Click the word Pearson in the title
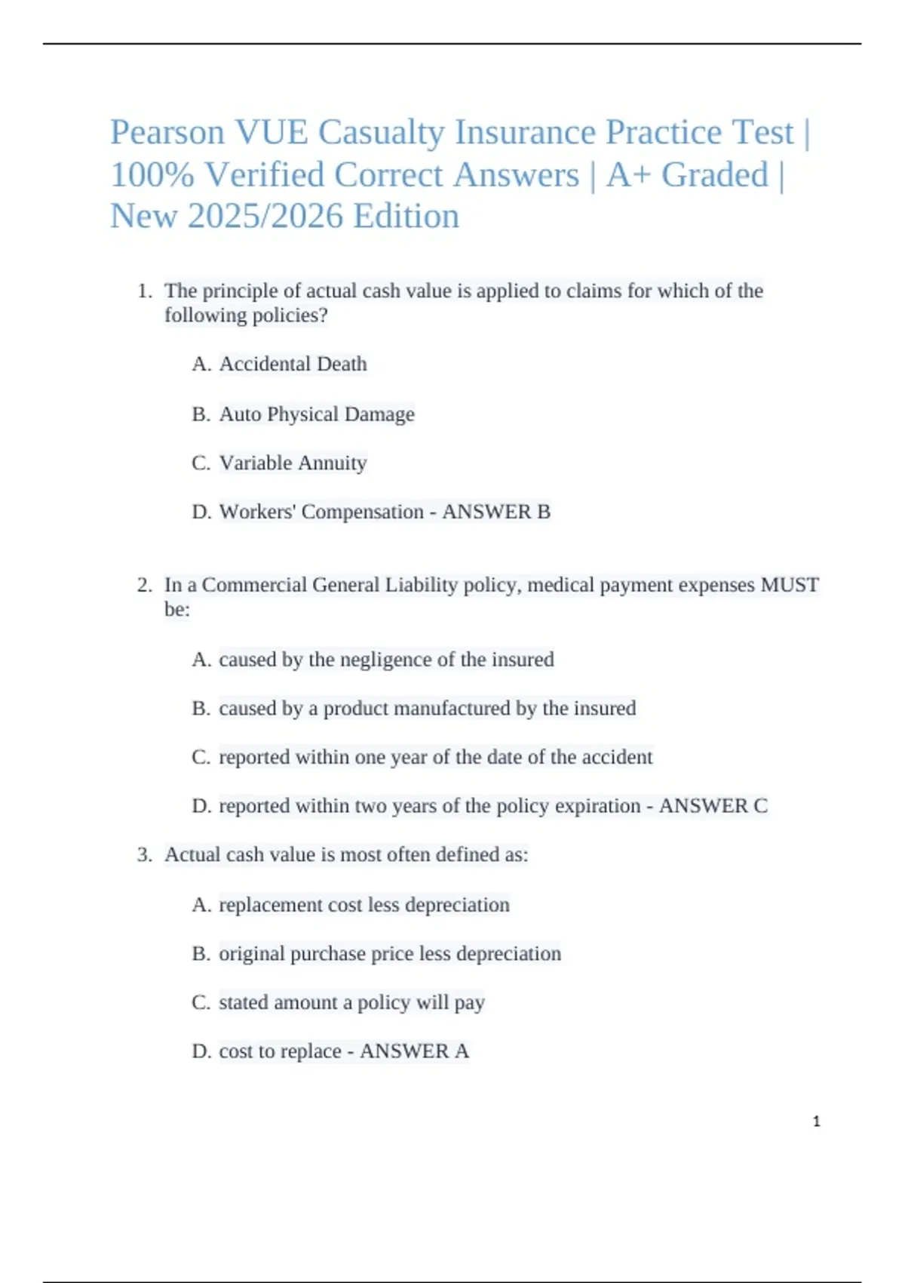[x=167, y=133]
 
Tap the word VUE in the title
[x=271, y=133]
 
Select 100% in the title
[x=152, y=175]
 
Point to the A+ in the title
[x=629, y=175]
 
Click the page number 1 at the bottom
[x=816, y=1121]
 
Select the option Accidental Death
[x=293, y=365]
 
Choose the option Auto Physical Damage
[x=317, y=414]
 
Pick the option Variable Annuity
[x=293, y=463]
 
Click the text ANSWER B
[x=496, y=512]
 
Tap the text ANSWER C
[x=713, y=806]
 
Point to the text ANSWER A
[x=414, y=1051]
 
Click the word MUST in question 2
[x=790, y=585]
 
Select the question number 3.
[x=144, y=855]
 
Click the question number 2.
[x=144, y=585]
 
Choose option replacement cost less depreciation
[x=364, y=905]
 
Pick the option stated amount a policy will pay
[x=351, y=1003]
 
